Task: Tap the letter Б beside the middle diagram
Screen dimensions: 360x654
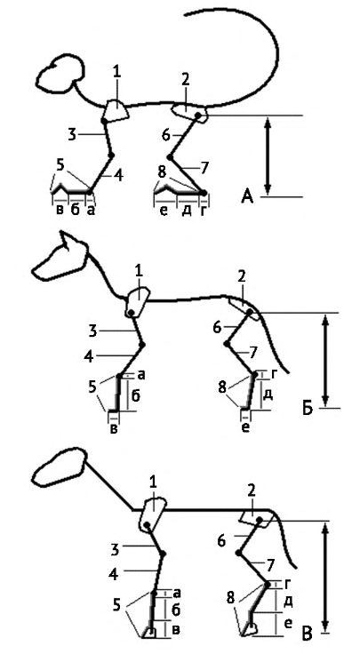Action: point(307,410)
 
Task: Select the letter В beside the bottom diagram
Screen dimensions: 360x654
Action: point(308,634)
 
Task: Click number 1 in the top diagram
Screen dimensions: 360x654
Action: point(116,72)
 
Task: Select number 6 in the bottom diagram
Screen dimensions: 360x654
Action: point(221,542)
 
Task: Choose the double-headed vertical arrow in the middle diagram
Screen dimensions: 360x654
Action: point(326,360)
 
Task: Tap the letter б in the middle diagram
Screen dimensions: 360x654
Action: point(136,395)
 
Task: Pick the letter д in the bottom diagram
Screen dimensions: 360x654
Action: point(287,601)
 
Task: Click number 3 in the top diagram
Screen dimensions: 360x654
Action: point(73,134)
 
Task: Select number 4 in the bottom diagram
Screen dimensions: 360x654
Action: point(114,574)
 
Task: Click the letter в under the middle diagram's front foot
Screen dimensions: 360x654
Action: point(113,429)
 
